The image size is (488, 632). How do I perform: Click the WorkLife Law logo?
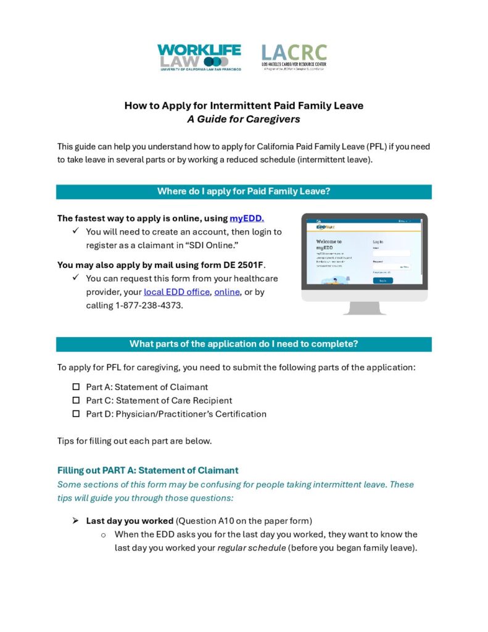(x=199, y=57)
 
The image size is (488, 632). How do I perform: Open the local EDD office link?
(x=176, y=292)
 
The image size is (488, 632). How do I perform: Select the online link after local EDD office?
(x=227, y=292)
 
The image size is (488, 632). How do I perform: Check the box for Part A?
(x=77, y=387)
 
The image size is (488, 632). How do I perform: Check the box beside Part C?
(x=77, y=401)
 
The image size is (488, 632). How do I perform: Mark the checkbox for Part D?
(x=77, y=414)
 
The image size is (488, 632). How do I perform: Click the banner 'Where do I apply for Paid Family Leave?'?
(x=244, y=191)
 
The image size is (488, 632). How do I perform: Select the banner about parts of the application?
(x=244, y=344)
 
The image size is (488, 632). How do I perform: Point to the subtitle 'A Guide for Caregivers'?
(x=244, y=119)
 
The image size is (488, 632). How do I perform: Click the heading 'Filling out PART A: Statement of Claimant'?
(x=147, y=470)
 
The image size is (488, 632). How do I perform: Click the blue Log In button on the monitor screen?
(x=383, y=280)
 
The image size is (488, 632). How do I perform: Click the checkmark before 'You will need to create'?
(x=75, y=231)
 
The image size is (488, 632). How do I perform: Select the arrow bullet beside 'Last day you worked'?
(x=75, y=520)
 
